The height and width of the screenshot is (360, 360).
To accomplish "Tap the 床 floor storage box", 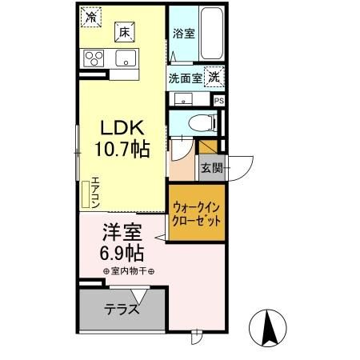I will click(124, 33).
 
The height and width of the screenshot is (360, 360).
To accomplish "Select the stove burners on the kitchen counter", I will click(94, 58).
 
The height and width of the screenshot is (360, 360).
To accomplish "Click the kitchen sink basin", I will click(126, 58).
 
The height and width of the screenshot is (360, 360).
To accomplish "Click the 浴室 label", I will click(183, 34).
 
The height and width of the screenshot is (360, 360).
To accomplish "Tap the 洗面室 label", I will click(185, 78).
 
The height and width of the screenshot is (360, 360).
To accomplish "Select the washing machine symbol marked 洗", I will click(214, 78).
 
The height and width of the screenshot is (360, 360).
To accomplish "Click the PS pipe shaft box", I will click(218, 101).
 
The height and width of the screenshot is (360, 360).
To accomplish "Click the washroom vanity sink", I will click(183, 99).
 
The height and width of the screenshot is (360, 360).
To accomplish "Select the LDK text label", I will click(122, 128).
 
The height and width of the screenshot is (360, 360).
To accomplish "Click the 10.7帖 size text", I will click(122, 149).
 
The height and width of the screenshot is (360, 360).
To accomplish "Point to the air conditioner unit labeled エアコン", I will click(86, 194).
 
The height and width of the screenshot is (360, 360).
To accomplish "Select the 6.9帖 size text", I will click(122, 254).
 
